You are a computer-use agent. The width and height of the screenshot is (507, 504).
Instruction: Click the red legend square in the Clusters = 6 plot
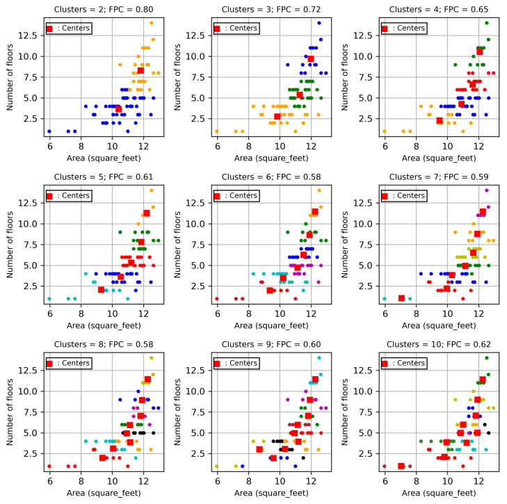[217, 197]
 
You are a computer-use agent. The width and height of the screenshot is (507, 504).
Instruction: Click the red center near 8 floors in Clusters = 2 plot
[140, 71]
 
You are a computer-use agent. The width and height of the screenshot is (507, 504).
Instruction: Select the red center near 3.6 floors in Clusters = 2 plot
[118, 108]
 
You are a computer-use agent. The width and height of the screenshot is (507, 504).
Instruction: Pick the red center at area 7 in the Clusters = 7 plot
[401, 298]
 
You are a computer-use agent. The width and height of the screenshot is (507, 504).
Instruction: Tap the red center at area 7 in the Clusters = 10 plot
[401, 466]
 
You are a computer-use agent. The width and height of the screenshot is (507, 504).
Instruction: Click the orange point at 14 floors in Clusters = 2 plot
[151, 23]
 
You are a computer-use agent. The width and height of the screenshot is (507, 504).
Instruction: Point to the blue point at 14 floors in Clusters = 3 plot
[319, 23]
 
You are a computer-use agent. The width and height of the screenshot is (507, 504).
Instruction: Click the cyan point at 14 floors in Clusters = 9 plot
[319, 358]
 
